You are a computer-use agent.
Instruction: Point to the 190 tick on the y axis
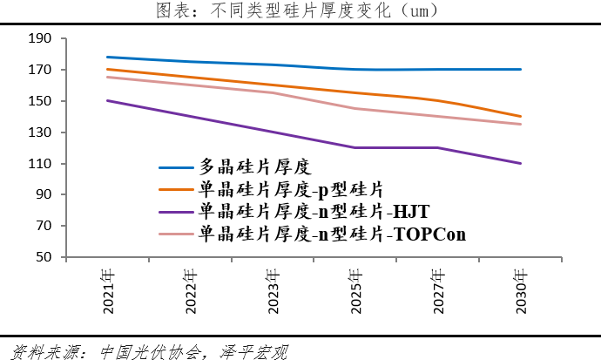40,39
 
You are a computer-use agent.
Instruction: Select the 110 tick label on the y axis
40,164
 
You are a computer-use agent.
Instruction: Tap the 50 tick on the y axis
44,258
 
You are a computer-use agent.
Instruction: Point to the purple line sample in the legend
175,212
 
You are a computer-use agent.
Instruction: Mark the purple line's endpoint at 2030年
521,163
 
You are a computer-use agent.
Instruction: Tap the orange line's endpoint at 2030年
521,116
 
